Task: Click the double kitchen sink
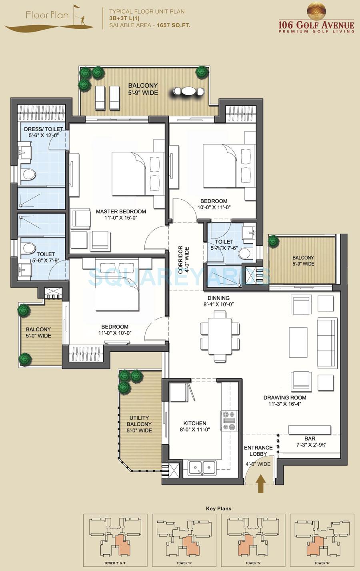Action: pyautogui.click(x=202, y=467)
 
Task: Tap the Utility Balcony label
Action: pyautogui.click(x=139, y=424)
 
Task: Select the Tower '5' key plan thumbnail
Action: pyautogui.click(x=251, y=538)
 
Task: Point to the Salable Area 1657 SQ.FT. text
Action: pyautogui.click(x=146, y=25)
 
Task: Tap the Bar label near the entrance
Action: pyautogui.click(x=310, y=439)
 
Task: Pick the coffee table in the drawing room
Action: pyautogui.click(x=297, y=343)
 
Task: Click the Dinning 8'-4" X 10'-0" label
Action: pyautogui.click(x=218, y=301)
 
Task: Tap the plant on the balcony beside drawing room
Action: pyautogui.click(x=273, y=241)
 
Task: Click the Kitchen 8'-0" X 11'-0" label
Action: pyautogui.click(x=195, y=426)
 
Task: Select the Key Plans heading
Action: pyautogui.click(x=218, y=509)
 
